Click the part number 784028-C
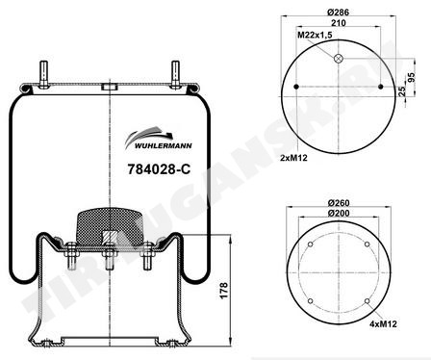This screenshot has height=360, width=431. pos(159,169)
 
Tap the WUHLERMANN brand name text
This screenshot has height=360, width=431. pos(163,146)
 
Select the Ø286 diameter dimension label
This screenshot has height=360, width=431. pos(338,13)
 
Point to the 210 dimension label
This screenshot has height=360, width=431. pos(339,23)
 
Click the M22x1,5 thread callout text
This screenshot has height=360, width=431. pos(315,35)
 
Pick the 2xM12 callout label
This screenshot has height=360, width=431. pos(293,158)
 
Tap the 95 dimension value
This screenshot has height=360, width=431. pos(411,77)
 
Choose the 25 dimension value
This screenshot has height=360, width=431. pos(402,91)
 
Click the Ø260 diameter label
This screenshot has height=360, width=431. pos(339,203)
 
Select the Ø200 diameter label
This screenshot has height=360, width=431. pos(339,213)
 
